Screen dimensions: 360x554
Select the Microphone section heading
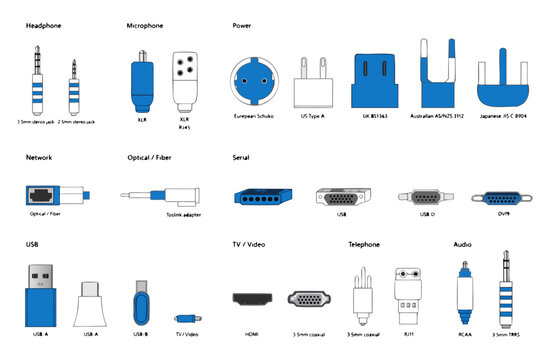pos(147,24)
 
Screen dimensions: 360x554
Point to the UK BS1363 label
pos(380,116)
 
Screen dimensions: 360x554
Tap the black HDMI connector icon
pos(251,298)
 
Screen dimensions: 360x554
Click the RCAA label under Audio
pos(462,334)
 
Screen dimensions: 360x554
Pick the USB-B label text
pos(140,334)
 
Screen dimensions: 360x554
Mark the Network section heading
pos(39,158)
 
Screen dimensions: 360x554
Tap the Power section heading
pos(242,24)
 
